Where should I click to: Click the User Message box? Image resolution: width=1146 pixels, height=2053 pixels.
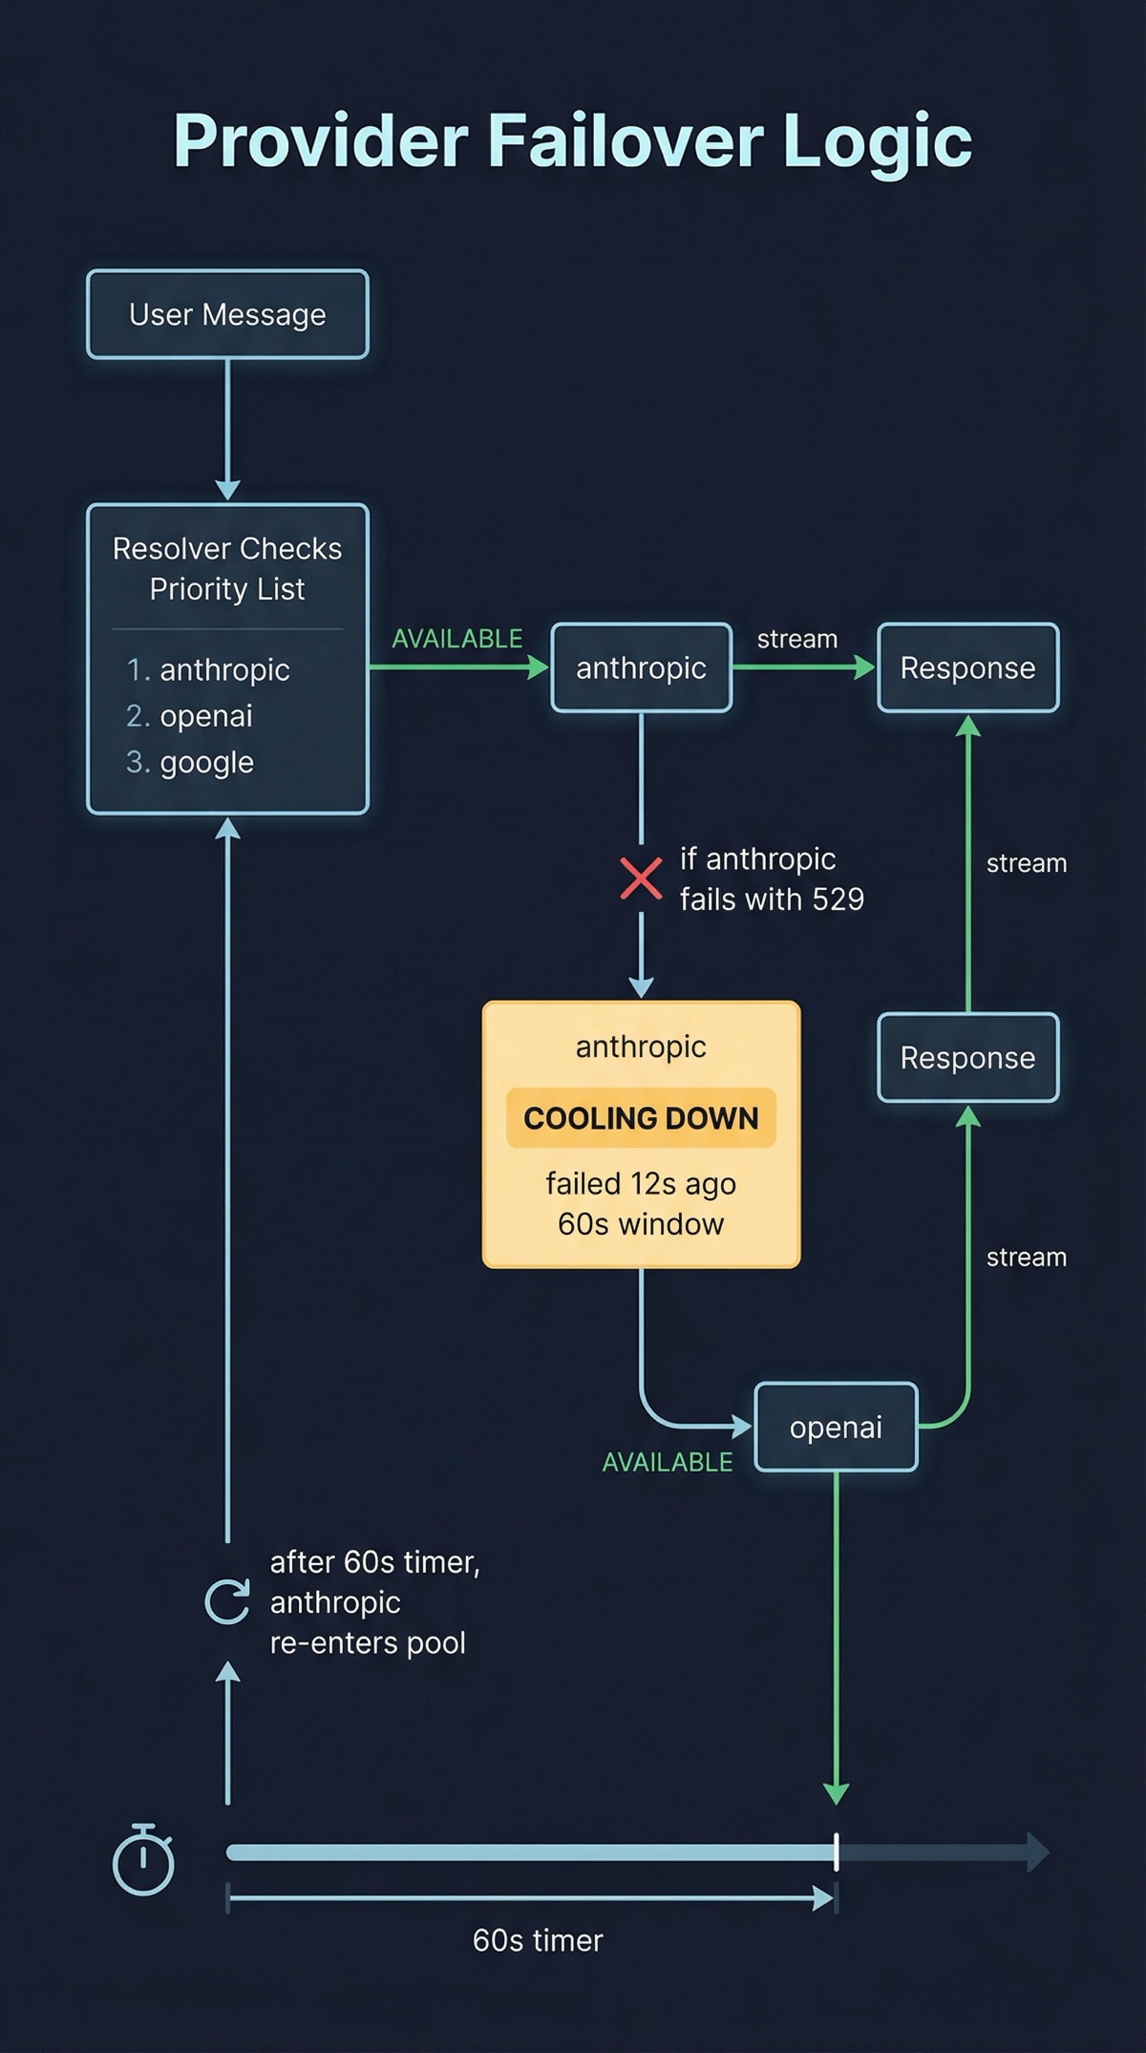click(x=227, y=314)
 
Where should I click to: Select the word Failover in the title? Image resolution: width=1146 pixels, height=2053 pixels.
click(x=626, y=141)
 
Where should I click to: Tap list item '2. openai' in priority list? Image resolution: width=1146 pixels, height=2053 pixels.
click(x=190, y=716)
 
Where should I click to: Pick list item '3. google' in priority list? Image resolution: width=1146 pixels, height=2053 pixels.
click(x=190, y=762)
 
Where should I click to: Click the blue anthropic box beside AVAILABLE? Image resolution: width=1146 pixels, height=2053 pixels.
click(x=641, y=667)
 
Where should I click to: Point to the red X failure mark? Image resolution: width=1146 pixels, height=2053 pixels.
click(x=641, y=878)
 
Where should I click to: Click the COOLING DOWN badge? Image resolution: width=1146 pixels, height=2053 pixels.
click(x=641, y=1117)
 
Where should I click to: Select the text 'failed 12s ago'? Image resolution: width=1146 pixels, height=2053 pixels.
click(x=641, y=1184)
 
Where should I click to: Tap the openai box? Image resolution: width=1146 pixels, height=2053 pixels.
click(x=836, y=1427)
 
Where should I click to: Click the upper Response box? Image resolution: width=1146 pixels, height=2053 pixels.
click(x=967, y=667)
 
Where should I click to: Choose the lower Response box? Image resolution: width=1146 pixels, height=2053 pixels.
click(x=967, y=1057)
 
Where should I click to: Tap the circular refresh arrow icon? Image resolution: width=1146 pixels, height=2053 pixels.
click(x=227, y=1601)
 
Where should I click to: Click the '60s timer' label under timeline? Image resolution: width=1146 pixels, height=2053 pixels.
click(x=538, y=1940)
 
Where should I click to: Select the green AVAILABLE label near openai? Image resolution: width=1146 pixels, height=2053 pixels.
click(x=667, y=1462)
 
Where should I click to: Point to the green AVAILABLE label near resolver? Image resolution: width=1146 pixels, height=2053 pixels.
click(x=456, y=639)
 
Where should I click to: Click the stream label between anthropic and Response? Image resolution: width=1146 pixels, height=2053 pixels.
click(x=796, y=639)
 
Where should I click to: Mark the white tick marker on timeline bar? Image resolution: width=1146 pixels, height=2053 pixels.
click(x=837, y=1852)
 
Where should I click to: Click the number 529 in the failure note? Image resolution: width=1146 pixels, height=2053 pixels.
click(x=838, y=900)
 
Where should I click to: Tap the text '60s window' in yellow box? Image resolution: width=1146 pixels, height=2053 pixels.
click(x=641, y=1224)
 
